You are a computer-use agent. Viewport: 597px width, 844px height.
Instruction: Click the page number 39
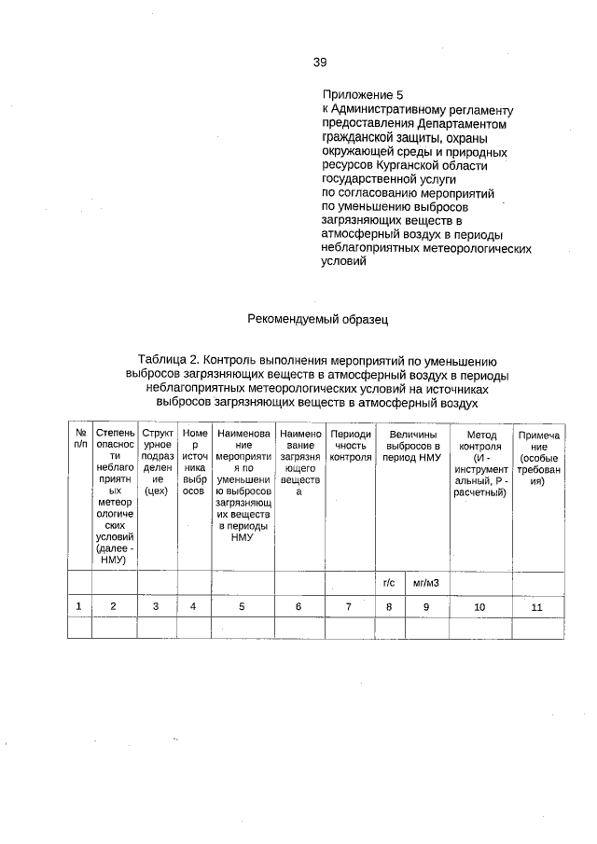[319, 62]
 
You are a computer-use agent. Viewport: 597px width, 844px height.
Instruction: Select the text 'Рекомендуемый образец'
[316, 319]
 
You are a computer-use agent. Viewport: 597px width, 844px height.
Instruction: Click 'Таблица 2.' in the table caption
[169, 360]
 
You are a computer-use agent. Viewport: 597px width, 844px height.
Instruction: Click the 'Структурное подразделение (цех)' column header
[156, 463]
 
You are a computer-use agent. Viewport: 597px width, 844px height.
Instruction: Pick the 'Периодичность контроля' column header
[350, 446]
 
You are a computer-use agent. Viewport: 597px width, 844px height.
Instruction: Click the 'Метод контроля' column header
[479, 463]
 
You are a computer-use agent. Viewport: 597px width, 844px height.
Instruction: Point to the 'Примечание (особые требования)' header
[538, 457]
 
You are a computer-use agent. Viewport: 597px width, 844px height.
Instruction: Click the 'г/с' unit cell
[389, 583]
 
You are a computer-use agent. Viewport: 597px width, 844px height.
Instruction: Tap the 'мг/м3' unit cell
[425, 583]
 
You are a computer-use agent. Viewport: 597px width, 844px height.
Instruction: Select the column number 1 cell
[79, 606]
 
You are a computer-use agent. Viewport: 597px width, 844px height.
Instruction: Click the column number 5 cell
[242, 606]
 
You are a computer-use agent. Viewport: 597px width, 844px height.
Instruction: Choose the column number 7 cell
[350, 606]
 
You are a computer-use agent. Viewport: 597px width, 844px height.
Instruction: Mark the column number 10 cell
[479, 606]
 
